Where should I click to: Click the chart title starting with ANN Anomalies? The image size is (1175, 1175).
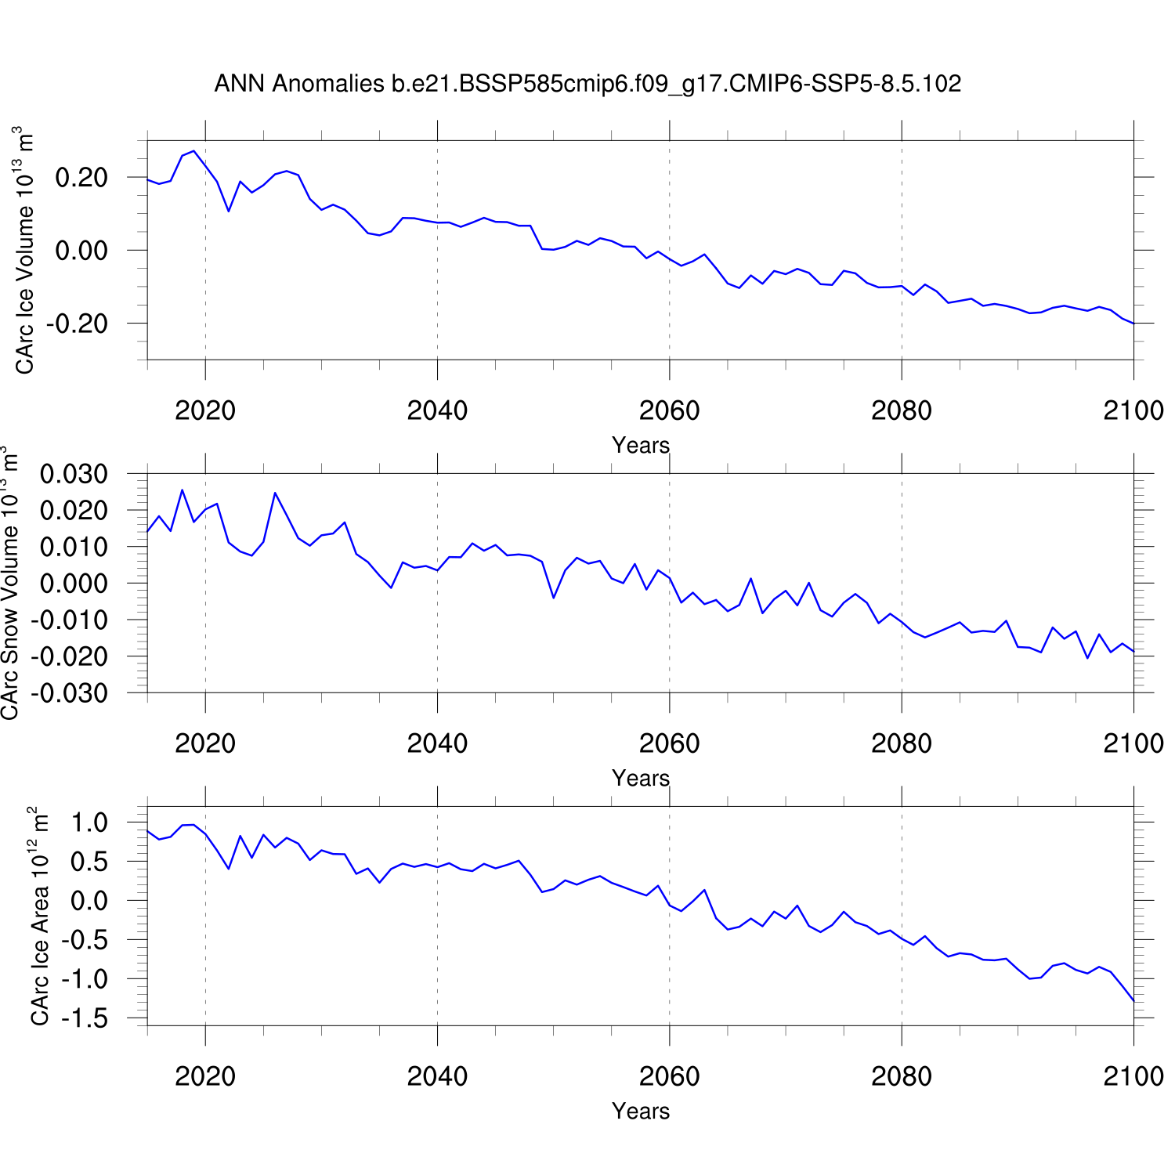(587, 84)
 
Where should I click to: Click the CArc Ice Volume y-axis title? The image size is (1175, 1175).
(24, 250)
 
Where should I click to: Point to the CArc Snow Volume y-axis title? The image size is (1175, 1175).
(9, 583)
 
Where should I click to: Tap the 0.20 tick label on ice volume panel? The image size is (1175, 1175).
(81, 178)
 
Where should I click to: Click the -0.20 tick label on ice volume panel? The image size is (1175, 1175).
(77, 324)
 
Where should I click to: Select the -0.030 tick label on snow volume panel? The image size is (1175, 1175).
(69, 693)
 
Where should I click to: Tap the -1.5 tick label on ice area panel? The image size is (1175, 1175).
(87, 1018)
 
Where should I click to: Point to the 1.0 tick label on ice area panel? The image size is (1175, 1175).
(89, 822)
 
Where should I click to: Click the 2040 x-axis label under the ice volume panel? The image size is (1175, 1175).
(437, 410)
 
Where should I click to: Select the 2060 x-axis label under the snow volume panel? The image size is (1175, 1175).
(669, 743)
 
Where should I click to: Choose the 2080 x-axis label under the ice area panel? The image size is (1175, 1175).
(901, 1076)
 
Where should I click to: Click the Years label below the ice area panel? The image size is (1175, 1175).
(641, 1111)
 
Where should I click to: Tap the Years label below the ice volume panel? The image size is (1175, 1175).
(641, 445)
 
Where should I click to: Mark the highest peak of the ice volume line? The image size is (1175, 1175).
(193, 150)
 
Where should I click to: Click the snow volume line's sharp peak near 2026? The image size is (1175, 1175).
(275, 493)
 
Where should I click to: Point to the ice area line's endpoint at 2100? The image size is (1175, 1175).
(1133, 1000)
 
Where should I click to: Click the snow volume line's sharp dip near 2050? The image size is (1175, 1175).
(553, 598)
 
